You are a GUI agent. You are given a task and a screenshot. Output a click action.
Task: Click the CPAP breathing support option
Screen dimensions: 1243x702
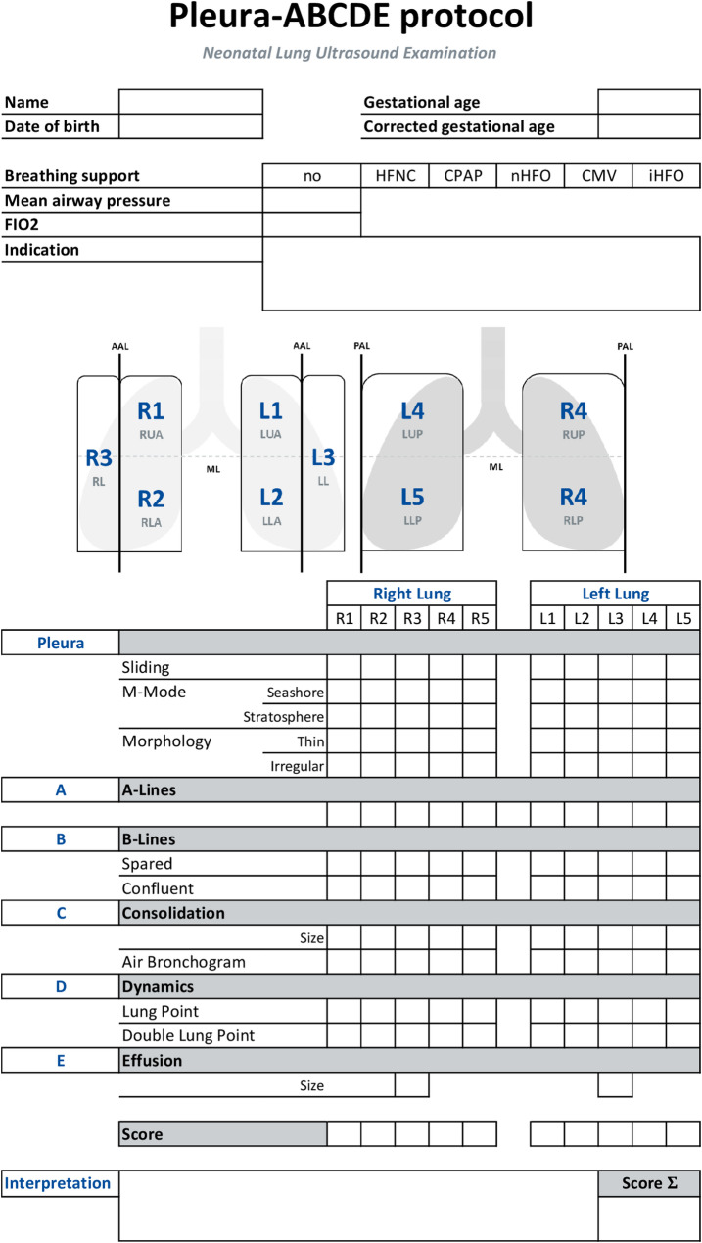click(x=463, y=176)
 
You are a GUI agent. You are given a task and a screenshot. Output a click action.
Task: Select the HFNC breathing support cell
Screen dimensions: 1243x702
click(x=396, y=176)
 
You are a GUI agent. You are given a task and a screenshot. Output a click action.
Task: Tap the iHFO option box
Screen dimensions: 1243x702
click(x=666, y=176)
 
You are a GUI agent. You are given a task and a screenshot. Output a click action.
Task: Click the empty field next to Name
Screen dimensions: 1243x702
click(x=191, y=102)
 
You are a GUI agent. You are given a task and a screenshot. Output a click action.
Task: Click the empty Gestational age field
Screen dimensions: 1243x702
click(x=648, y=102)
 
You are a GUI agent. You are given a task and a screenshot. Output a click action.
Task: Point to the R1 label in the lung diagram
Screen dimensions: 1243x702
click(x=151, y=412)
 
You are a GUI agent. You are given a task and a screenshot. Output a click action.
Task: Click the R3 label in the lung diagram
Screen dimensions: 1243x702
click(x=99, y=457)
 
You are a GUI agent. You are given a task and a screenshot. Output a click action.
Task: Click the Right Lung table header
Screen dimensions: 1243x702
click(x=411, y=594)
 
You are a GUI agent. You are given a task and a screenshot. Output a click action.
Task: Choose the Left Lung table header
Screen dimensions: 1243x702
click(x=615, y=594)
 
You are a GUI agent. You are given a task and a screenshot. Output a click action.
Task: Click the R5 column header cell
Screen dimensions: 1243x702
click(x=480, y=618)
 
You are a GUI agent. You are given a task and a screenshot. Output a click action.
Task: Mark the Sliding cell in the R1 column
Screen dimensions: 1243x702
click(x=344, y=667)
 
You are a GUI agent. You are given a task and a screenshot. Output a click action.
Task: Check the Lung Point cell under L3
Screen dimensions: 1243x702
click(x=615, y=1011)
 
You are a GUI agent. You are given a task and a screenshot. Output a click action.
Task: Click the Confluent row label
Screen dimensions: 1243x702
click(x=158, y=888)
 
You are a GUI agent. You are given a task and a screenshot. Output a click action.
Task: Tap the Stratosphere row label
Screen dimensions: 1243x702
click(x=283, y=717)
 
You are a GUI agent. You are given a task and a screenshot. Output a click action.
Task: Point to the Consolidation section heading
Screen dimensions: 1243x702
click(x=173, y=913)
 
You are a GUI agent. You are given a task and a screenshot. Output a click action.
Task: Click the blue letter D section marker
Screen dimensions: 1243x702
click(x=60, y=986)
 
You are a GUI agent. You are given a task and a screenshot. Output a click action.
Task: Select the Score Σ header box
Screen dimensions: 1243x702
click(x=649, y=1183)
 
